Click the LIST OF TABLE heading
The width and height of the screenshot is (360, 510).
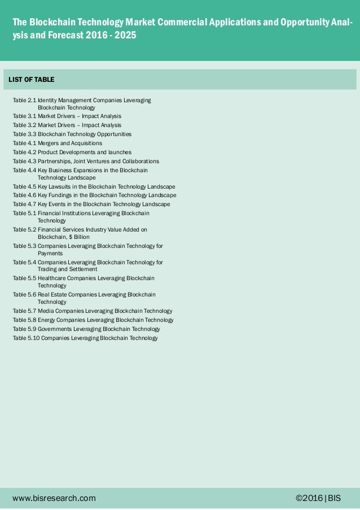pyautogui.click(x=32, y=80)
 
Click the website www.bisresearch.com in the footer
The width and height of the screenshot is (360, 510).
pyautogui.click(x=54, y=498)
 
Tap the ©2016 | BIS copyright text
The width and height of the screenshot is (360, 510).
pyautogui.click(x=318, y=498)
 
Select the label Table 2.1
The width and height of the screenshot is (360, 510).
pyautogui.click(x=24, y=100)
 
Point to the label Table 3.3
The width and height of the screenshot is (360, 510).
pyautogui.click(x=24, y=134)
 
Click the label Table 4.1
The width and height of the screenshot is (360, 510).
pyautogui.click(x=24, y=143)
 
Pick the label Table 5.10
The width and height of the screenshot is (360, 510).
pyautogui.click(x=26, y=338)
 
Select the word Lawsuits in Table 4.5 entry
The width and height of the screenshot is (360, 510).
pyautogui.click(x=61, y=186)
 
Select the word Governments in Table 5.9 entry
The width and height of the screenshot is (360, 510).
pyautogui.click(x=56, y=329)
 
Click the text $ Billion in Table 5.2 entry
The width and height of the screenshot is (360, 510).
pyautogui.click(x=78, y=237)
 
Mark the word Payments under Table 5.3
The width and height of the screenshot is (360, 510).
pyautogui.click(x=50, y=254)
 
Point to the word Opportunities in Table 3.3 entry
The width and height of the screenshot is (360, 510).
pyautogui.click(x=114, y=134)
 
